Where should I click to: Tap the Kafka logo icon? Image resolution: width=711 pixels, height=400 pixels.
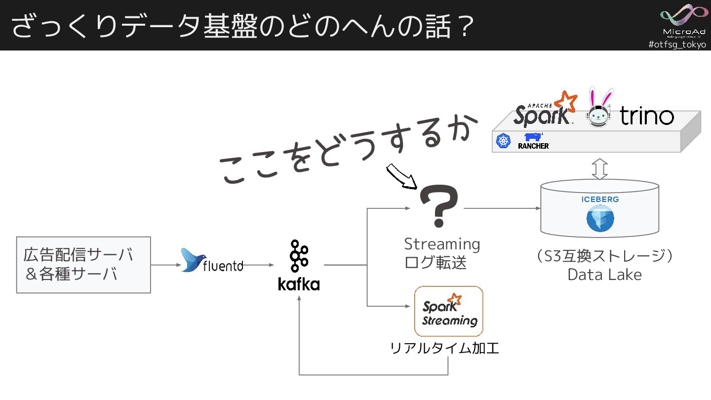(x=299, y=255)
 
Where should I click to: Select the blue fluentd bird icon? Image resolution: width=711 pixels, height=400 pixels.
(x=194, y=260)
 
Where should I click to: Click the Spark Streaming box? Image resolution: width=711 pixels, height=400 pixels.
(x=448, y=311)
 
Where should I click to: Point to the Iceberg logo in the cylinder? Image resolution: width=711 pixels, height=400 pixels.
(x=600, y=219)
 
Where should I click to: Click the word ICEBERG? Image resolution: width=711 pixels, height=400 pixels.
(x=600, y=200)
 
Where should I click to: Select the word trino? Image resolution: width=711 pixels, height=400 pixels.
(x=647, y=117)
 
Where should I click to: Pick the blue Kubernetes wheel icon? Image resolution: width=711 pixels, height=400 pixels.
(x=503, y=141)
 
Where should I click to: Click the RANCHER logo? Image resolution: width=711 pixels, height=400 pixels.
(x=534, y=141)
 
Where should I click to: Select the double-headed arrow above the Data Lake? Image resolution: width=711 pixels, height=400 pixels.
(x=600, y=169)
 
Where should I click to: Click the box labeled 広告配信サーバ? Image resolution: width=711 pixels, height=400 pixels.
(x=83, y=265)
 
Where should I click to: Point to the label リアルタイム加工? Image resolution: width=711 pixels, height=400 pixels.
(x=444, y=349)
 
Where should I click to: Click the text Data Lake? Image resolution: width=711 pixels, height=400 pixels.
(x=604, y=275)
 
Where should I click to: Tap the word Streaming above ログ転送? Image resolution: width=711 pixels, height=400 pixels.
(x=442, y=244)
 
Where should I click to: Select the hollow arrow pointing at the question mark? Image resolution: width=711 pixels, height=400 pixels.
(x=401, y=177)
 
